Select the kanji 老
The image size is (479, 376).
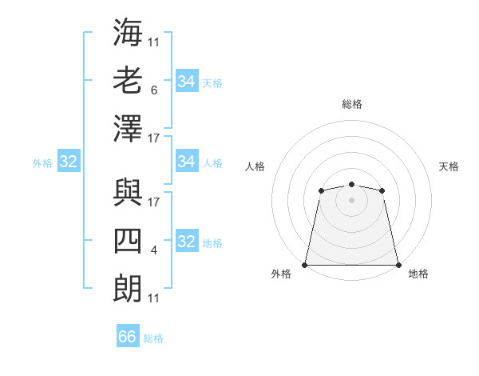click(x=128, y=80)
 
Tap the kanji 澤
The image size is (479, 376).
click(x=128, y=129)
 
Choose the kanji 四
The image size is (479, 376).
click(x=128, y=240)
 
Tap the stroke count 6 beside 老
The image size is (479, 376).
click(x=153, y=90)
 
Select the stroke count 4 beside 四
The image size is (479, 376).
click(x=153, y=250)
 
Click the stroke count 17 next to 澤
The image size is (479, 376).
click(x=154, y=138)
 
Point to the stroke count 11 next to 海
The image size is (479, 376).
click(x=153, y=42)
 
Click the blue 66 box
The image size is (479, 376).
click(x=128, y=337)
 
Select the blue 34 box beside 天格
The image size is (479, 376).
click(x=186, y=81)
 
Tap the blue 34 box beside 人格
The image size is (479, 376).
click(x=186, y=162)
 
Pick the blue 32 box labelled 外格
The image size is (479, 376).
click(x=68, y=162)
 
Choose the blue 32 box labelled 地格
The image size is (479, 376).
click(x=186, y=242)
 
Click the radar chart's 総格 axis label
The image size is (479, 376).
click(x=351, y=104)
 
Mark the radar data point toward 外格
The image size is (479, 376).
click(x=305, y=265)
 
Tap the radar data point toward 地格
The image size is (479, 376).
click(x=398, y=265)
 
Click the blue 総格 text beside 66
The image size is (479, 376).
click(x=153, y=338)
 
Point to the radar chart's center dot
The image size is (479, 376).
click(x=351, y=200)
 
